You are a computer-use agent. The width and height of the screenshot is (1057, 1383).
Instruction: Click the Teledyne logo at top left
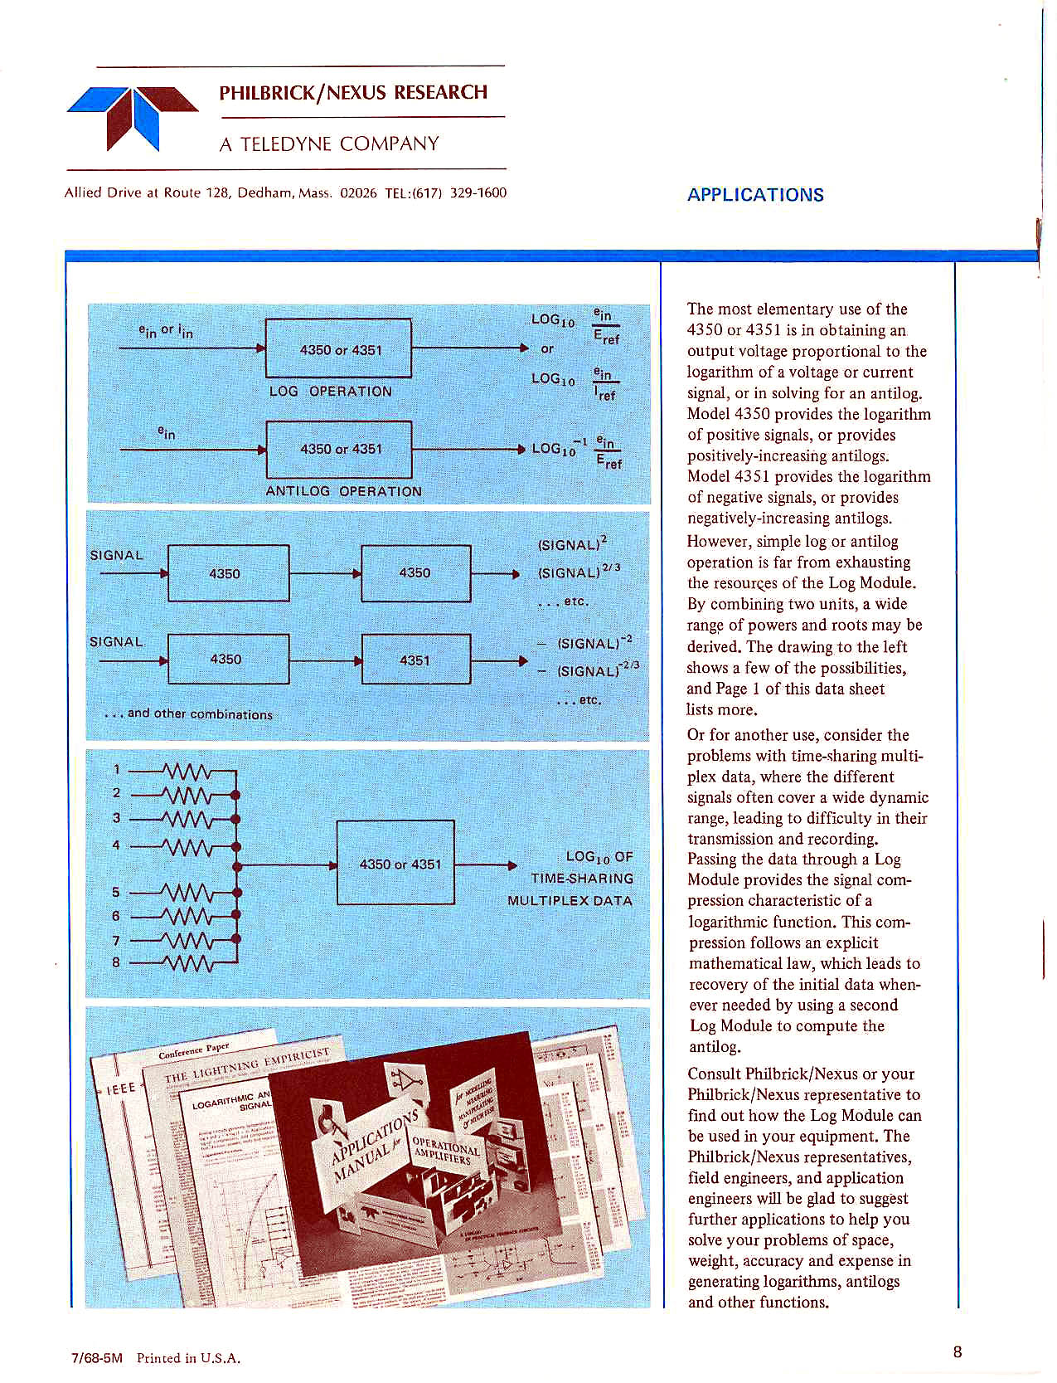(x=133, y=115)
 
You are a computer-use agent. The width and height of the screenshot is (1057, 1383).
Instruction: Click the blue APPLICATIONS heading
(x=755, y=195)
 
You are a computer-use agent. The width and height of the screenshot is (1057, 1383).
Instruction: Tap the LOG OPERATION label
(x=330, y=391)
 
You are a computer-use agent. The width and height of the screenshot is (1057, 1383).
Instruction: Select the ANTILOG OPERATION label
(x=343, y=491)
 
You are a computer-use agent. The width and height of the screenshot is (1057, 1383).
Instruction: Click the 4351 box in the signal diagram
(x=415, y=660)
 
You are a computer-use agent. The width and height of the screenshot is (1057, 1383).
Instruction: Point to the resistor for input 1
(x=189, y=772)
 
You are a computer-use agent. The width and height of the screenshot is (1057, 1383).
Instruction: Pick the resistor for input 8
(x=189, y=963)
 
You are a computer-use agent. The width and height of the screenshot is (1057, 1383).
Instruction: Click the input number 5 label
(x=116, y=893)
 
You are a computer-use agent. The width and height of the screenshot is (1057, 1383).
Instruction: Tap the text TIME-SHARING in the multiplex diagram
(x=582, y=879)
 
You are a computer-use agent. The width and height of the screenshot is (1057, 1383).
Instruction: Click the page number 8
(x=958, y=1352)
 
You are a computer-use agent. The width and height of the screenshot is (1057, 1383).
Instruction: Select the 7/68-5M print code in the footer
(x=97, y=1358)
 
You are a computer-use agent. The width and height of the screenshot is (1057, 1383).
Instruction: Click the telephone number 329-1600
(x=478, y=193)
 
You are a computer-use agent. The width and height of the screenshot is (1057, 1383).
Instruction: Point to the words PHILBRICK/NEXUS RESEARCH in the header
(x=353, y=92)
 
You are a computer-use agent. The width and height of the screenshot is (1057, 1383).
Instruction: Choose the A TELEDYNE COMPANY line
(x=328, y=144)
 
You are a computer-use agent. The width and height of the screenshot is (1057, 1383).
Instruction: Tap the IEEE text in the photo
(x=121, y=1088)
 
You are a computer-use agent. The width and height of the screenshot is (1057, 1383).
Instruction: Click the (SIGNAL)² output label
(x=573, y=544)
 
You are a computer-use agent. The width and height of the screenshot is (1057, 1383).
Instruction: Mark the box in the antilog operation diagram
(x=339, y=449)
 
